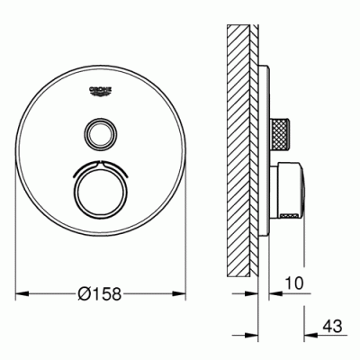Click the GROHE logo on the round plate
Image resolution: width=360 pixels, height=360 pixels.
click(101, 91)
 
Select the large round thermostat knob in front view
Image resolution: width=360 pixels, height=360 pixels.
click(100, 191)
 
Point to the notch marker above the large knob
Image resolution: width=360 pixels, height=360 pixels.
click(100, 163)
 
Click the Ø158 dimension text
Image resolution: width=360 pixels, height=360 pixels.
click(99, 293)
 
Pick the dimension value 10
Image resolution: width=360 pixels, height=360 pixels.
click(294, 283)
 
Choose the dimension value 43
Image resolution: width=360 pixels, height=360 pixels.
click(332, 326)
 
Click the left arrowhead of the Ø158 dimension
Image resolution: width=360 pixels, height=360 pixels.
click(22, 293)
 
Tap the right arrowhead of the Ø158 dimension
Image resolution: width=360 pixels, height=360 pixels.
click(179, 293)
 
